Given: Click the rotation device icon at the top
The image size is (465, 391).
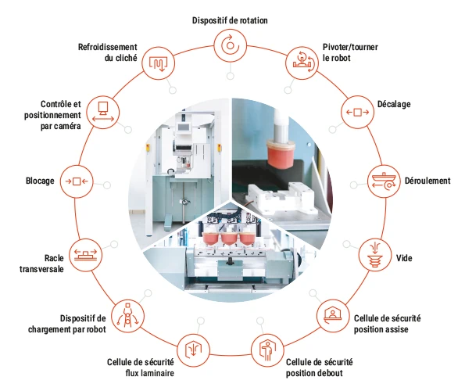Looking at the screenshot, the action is (230, 45).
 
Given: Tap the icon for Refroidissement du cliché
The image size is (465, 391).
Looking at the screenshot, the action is (158, 63).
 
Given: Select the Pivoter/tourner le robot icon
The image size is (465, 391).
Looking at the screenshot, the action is (302, 63).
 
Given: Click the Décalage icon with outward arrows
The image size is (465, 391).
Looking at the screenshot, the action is (358, 112).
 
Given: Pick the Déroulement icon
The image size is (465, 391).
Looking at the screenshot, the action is (384, 181).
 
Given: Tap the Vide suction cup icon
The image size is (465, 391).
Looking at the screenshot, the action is (375, 255).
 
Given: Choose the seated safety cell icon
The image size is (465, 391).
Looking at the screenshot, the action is (333, 316).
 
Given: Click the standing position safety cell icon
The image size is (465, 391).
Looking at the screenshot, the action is (267, 350).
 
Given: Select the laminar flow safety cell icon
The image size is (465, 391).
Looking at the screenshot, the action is (193, 350).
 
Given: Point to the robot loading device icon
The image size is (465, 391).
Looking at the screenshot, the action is (128, 316).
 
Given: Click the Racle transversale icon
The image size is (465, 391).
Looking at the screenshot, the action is (85, 255).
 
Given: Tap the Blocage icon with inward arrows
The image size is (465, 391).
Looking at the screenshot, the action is (77, 181).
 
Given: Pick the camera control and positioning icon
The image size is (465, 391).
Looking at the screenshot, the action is (103, 112).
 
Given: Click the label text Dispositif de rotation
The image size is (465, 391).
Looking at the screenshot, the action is (230, 20).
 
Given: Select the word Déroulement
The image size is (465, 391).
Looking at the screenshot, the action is (427, 181).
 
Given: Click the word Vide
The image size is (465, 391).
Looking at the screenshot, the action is (404, 258).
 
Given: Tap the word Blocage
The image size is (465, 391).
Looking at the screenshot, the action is (40, 181).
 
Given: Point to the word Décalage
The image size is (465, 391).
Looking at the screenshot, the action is (394, 104).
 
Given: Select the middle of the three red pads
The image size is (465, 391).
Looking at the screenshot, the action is (230, 239).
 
